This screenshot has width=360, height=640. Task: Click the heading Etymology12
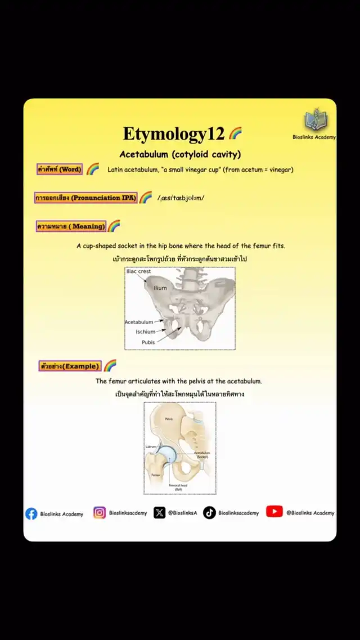[174, 134]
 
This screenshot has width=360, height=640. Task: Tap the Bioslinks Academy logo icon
[314, 120]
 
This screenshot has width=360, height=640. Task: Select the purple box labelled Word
[60, 169]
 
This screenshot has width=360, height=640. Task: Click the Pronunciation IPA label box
[85, 198]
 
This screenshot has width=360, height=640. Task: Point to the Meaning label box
[71, 226]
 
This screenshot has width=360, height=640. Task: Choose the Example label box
[70, 366]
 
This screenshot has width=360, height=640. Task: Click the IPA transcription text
[181, 198]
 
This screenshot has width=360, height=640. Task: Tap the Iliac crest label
[138, 271]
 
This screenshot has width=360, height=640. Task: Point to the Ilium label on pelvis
[160, 288]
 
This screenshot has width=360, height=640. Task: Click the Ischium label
[145, 332]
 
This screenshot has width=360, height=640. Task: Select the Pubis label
[148, 342]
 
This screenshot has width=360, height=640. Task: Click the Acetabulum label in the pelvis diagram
[139, 322]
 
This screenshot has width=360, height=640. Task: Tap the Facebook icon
[31, 513]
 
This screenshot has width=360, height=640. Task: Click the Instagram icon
[100, 513]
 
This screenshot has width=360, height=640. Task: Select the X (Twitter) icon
[160, 513]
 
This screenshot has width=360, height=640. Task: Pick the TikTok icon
[209, 513]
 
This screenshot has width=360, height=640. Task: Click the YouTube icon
[274, 512]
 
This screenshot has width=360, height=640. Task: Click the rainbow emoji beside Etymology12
[235, 133]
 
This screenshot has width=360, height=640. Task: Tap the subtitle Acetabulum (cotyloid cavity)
[180, 154]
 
